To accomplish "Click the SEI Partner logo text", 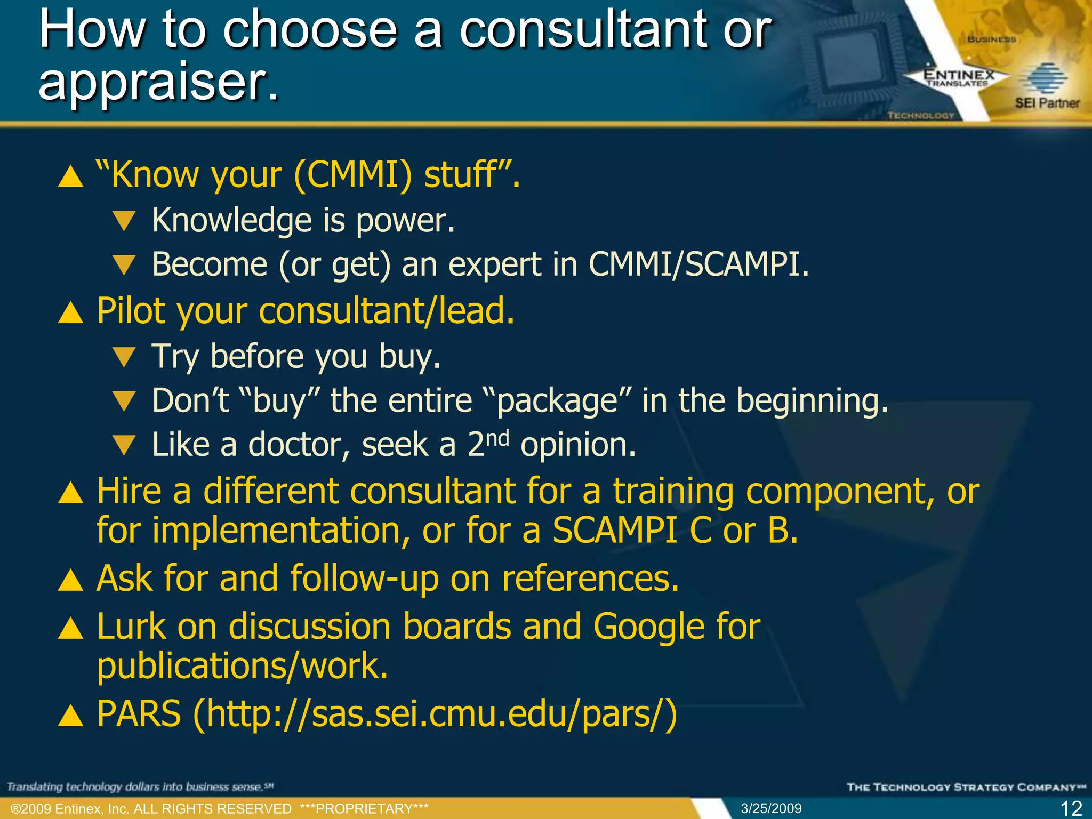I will click(x=1047, y=103).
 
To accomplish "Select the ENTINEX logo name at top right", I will click(x=959, y=75).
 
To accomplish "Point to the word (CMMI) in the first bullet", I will click(x=352, y=175).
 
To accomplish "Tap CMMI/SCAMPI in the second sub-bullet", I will click(x=698, y=264).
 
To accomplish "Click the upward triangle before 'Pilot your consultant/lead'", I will click(x=70, y=312).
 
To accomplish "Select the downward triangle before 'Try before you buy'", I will click(x=125, y=357).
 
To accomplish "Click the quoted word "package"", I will click(x=557, y=400).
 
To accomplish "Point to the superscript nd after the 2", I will click(x=497, y=438).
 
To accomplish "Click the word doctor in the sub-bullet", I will click(x=299, y=444).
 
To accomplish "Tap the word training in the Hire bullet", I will click(x=673, y=491).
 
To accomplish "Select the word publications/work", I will click(x=242, y=667).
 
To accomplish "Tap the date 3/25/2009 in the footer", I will click(x=771, y=808).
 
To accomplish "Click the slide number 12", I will click(x=1071, y=808).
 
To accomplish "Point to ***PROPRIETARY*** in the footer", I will click(x=364, y=809).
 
